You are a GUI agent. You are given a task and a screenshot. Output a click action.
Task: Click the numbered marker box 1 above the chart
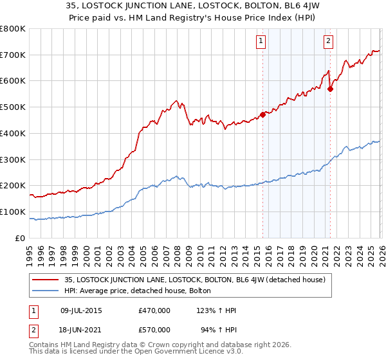[262, 42]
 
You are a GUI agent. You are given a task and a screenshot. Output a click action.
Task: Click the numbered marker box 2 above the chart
[329, 42]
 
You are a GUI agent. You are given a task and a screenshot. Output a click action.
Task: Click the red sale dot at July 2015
[262, 115]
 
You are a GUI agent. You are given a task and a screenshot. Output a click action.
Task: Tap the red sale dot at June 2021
[330, 89]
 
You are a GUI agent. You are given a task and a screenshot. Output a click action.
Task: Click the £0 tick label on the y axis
[21, 238]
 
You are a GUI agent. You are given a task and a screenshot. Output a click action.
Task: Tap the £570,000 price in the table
[154, 330]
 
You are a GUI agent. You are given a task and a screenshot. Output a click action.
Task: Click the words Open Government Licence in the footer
[175, 353]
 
